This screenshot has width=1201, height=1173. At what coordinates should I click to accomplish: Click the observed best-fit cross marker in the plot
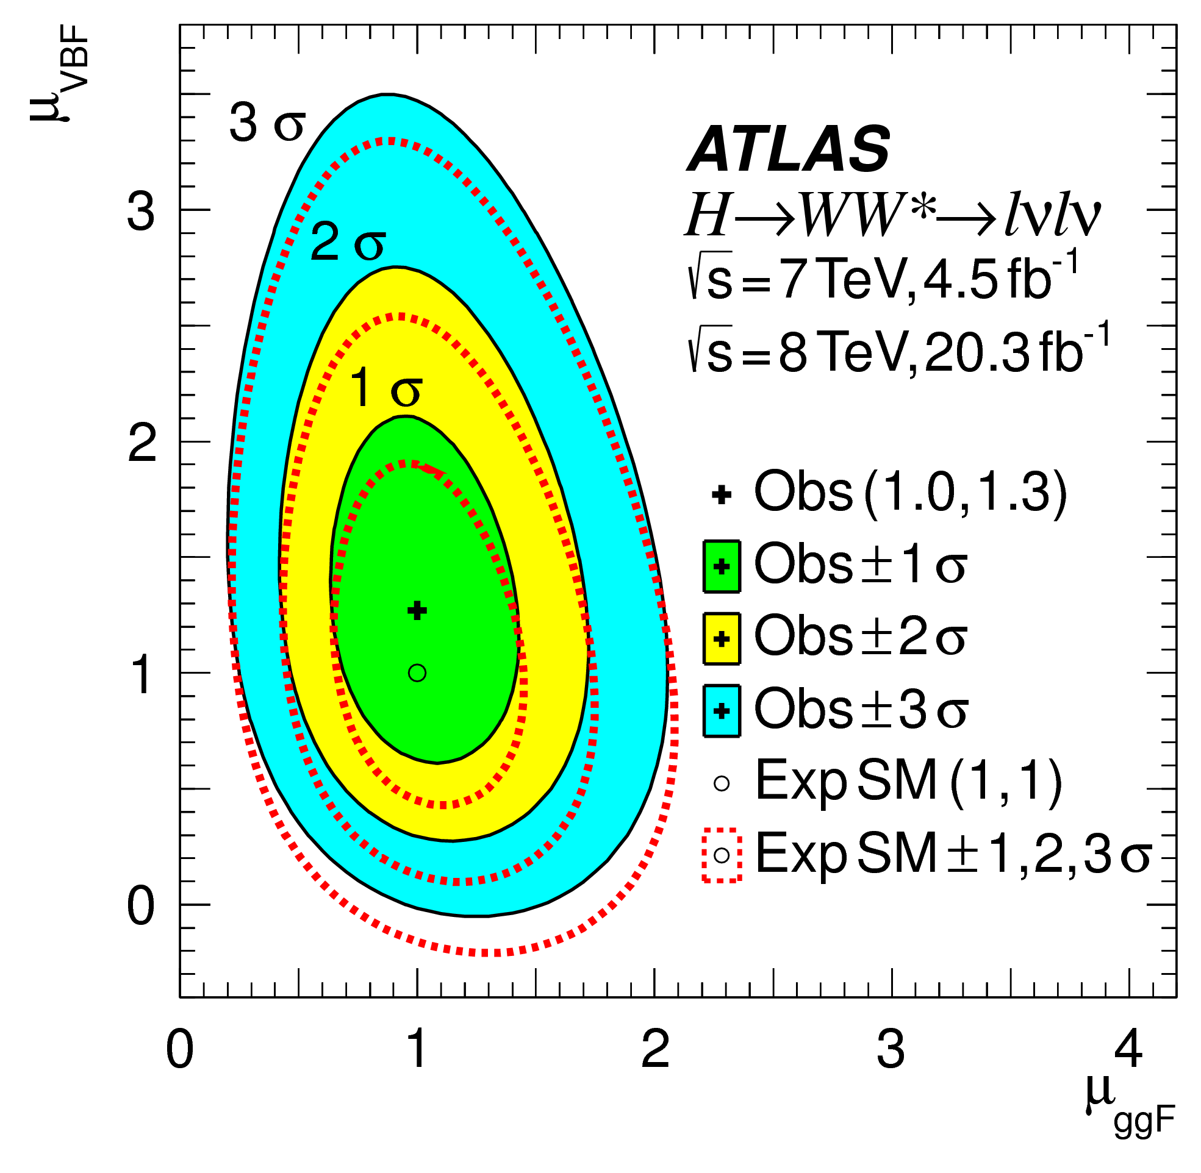pyautogui.click(x=418, y=610)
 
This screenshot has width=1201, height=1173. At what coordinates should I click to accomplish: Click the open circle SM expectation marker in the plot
pyautogui.click(x=417, y=672)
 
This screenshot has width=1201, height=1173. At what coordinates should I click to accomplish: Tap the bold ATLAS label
pyautogui.click(x=788, y=149)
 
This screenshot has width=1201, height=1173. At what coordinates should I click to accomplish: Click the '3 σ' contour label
pyautogui.click(x=267, y=123)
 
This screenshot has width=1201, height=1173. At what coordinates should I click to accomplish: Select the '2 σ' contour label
pyautogui.click(x=348, y=243)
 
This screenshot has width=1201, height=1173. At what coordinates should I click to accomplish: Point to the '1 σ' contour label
pyautogui.click(x=385, y=389)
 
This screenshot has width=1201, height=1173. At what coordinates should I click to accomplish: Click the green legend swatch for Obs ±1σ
pyautogui.click(x=722, y=566)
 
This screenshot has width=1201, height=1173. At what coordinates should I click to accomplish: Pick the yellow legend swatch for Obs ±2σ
pyautogui.click(x=722, y=638)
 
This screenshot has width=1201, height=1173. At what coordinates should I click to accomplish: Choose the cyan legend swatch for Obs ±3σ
pyautogui.click(x=722, y=710)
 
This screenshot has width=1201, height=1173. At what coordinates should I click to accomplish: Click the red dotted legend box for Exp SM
pyautogui.click(x=722, y=855)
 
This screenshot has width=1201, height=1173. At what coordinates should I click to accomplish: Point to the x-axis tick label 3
pyautogui.click(x=891, y=1050)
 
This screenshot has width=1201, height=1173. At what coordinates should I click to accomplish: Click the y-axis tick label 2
pyautogui.click(x=142, y=443)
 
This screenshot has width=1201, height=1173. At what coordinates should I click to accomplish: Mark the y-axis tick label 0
pyautogui.click(x=141, y=906)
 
